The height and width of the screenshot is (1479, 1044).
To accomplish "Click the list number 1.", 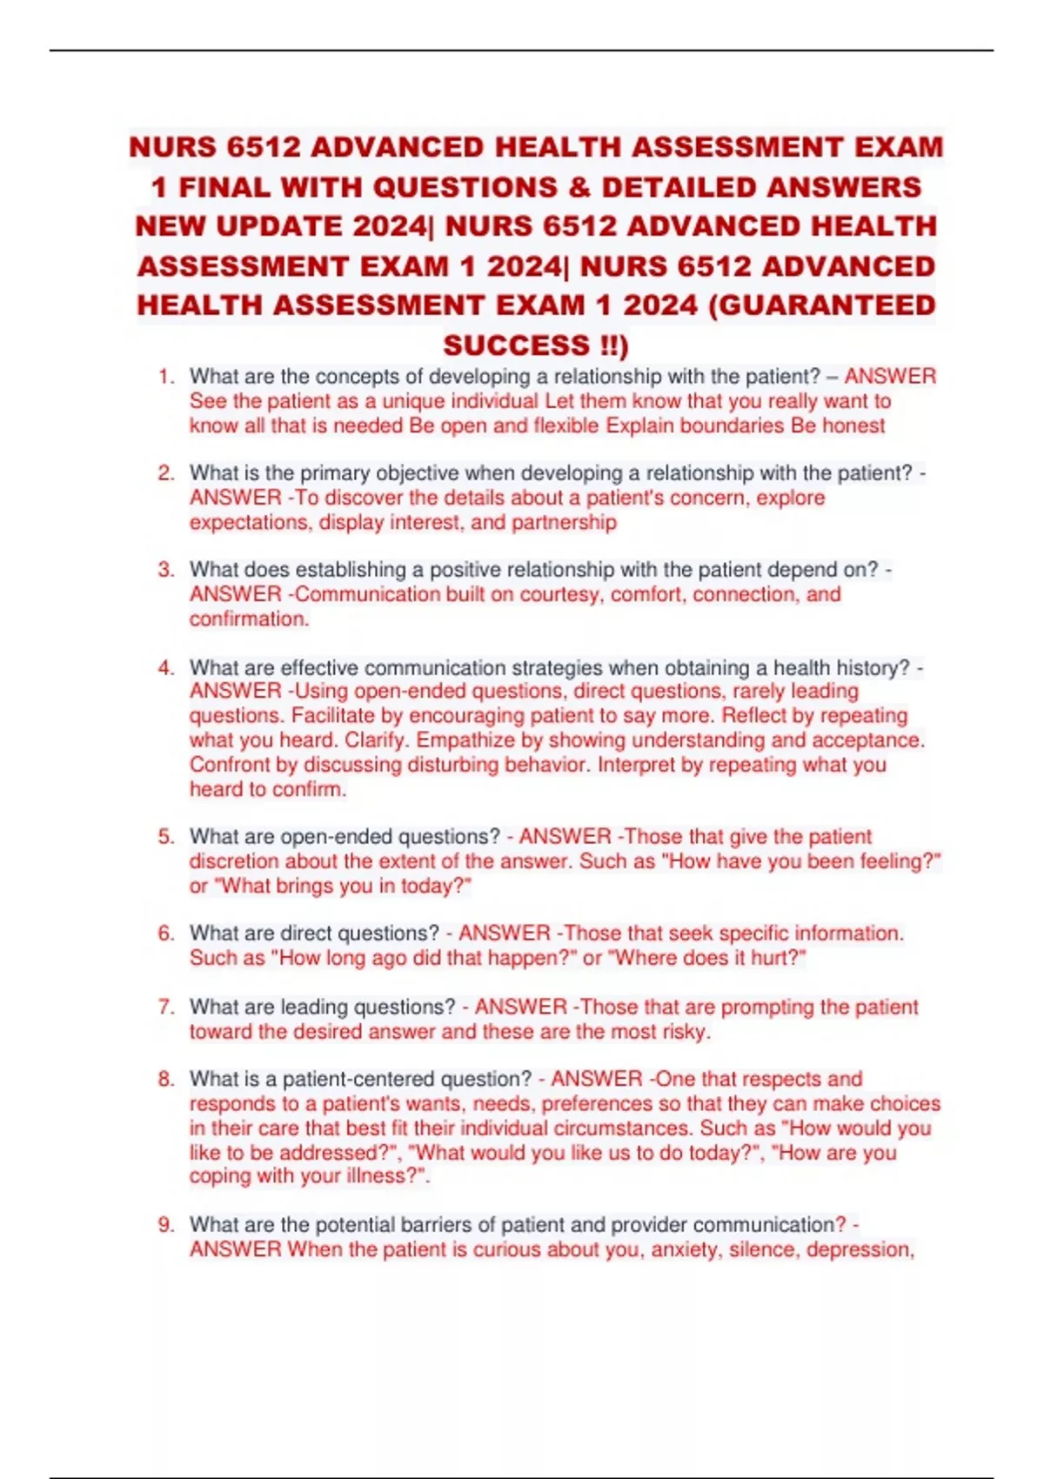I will coord(165,377).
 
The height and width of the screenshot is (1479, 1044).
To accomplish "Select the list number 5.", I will coord(165,837).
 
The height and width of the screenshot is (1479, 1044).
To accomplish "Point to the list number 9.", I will coord(165,1225).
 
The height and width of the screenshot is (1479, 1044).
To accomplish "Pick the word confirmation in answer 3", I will coord(248,619).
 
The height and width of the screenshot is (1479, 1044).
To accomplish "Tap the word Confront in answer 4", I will coord(228,765).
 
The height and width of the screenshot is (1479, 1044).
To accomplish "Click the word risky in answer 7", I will coord(683,1032).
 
